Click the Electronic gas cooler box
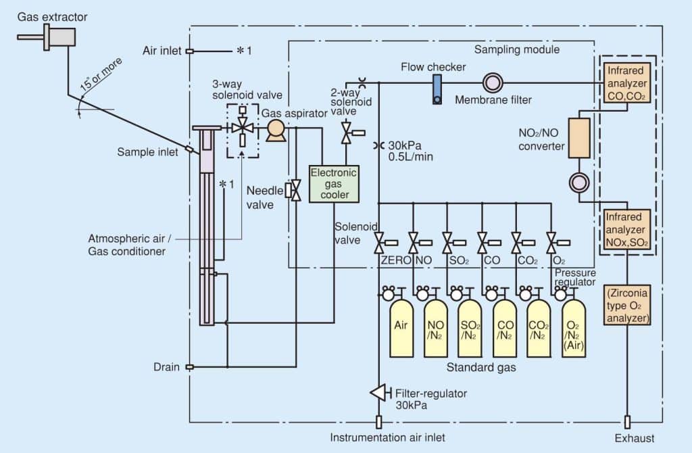point(334,183)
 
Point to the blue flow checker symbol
point(437,89)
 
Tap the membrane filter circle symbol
point(491,83)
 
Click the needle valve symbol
point(295,190)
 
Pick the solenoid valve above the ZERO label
point(380,240)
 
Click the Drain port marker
point(190,367)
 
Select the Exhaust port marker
point(628,422)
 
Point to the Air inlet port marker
point(190,51)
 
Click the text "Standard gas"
point(480,368)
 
